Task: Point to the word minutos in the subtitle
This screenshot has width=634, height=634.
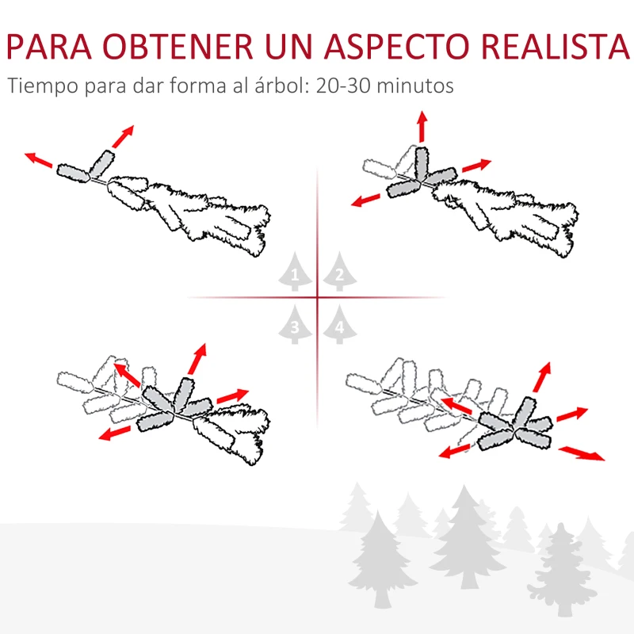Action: (416, 86)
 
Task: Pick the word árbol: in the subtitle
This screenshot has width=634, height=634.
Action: (277, 86)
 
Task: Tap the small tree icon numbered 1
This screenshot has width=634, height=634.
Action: (295, 274)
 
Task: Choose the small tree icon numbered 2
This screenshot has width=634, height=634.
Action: (339, 274)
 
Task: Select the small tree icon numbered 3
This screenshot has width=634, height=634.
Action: (295, 325)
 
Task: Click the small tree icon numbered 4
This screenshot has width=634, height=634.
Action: (339, 325)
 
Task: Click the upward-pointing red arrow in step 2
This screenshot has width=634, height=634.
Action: (422, 127)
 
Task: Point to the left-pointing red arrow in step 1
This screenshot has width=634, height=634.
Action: (39, 160)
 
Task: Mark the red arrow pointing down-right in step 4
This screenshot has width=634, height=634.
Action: (582, 453)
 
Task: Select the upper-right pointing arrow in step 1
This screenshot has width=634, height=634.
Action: (122, 136)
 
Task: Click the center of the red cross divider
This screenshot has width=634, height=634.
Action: (317, 298)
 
